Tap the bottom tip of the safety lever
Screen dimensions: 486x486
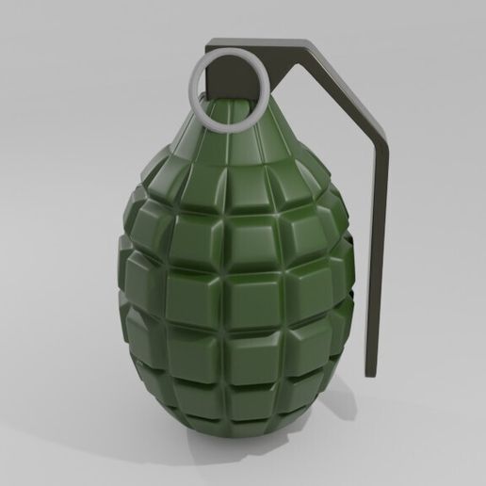(x=373, y=372)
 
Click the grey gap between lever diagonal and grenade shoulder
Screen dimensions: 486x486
(x=325, y=141)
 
